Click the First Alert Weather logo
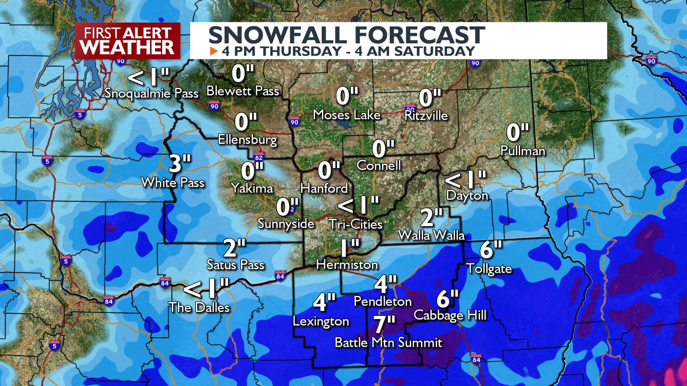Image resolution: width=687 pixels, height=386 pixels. point(127,40)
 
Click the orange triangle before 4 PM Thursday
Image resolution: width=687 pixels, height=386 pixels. point(214,51)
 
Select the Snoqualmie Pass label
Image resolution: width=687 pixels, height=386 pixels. point(151,93)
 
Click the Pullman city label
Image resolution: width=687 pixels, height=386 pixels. point(522,151)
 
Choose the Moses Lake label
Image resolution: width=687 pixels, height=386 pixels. point(347,115)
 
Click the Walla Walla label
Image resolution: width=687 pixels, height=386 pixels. point(431,235)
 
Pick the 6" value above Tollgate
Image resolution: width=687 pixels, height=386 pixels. point(491,249)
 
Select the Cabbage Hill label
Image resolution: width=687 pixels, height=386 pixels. point(450,315)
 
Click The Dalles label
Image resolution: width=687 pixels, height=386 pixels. point(199,307)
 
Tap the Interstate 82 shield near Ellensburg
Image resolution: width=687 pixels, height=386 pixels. point(258,157)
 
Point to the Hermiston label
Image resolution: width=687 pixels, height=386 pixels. point(347,265)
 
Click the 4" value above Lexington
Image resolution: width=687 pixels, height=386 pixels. point(324,302)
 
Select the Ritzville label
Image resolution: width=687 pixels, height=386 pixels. point(426,116)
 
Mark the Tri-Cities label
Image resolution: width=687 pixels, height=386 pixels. point(355,224)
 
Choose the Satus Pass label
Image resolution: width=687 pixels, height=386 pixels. point(235,265)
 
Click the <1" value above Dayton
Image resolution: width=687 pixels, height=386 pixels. point(465,179)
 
